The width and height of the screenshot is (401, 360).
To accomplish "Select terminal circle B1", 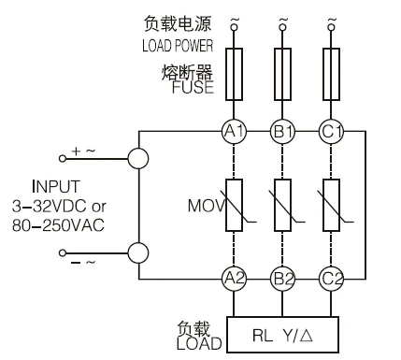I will [x=281, y=132].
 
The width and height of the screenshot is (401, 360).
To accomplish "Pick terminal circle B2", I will [x=281, y=277].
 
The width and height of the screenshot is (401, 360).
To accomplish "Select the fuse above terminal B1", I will [x=281, y=75].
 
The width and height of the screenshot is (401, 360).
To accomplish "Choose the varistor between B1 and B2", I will [x=281, y=204].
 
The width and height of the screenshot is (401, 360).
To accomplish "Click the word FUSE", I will [x=193, y=90].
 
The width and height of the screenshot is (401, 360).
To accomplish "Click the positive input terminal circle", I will [x=138, y=157].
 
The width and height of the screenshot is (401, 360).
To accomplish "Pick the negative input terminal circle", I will [x=138, y=252].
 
